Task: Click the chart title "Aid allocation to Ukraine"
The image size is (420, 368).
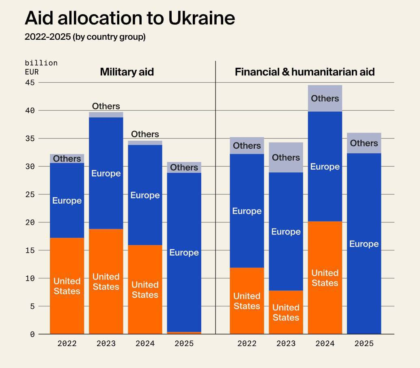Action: [x=129, y=18]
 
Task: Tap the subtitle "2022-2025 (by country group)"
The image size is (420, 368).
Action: [x=85, y=37]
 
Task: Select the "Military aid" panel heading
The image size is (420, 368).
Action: [x=127, y=72]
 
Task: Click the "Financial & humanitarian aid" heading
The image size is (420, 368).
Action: [x=304, y=72]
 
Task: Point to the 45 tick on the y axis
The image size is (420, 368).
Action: [x=30, y=82]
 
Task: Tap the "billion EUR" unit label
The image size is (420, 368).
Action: [x=41, y=67]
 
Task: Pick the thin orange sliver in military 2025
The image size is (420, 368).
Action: [x=184, y=333]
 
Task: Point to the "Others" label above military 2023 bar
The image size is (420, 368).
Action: [x=106, y=106]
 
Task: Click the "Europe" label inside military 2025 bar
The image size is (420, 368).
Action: [x=184, y=252]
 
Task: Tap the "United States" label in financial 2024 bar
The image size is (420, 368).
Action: [x=325, y=278]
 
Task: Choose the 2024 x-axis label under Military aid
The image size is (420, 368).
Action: [x=145, y=344]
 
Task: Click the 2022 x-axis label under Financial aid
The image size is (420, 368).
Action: [x=247, y=344]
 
